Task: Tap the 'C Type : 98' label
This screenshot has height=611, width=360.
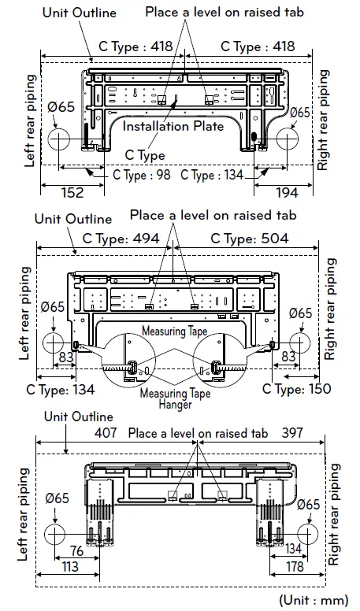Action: (x=142, y=175)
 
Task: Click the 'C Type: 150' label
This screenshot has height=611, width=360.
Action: (x=297, y=389)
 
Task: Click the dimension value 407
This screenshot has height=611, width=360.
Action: (x=105, y=433)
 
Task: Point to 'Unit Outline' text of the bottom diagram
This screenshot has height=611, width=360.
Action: (x=79, y=417)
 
